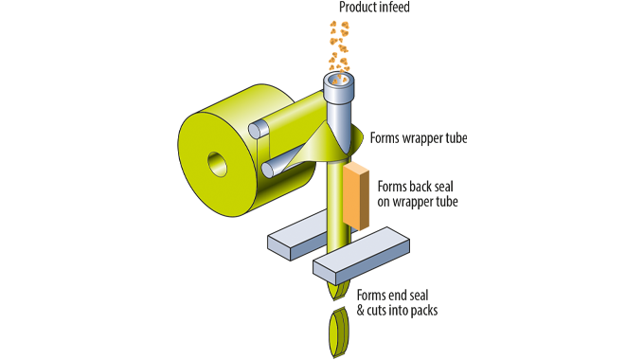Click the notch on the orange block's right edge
(378, 204)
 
